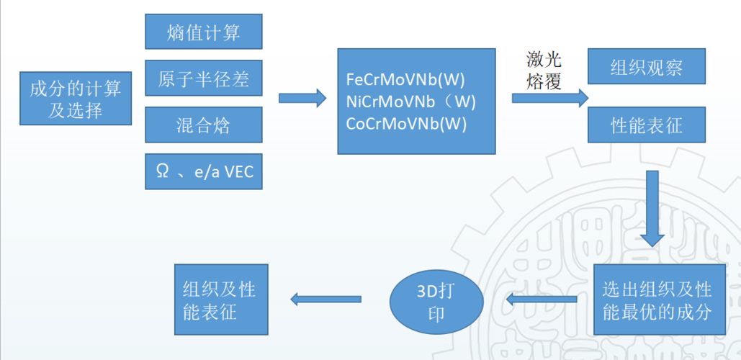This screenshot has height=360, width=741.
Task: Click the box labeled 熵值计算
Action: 203,31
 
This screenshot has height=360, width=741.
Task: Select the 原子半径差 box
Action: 203,78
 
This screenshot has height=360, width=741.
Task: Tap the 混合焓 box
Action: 203,125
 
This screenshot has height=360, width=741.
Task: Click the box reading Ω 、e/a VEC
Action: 203,171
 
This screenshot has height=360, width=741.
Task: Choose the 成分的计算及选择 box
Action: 76,98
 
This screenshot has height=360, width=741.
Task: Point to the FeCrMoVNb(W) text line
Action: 405,79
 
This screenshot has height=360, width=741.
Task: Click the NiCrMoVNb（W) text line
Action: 410,101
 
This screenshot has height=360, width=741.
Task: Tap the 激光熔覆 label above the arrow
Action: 544,71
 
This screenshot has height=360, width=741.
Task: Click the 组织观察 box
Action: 647,66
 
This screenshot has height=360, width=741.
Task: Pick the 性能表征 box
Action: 647,125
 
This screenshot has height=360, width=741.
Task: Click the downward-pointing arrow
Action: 652,208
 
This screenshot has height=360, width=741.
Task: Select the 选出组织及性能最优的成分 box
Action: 659,300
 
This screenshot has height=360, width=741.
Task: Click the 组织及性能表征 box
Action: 221,300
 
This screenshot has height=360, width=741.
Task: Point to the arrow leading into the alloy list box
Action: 302,98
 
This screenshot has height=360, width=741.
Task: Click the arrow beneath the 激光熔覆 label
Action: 550,98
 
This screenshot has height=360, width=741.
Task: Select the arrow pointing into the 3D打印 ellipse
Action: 542,299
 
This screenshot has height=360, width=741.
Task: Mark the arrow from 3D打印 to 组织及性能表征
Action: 325,299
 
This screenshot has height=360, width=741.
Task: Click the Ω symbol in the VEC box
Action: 162,171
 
